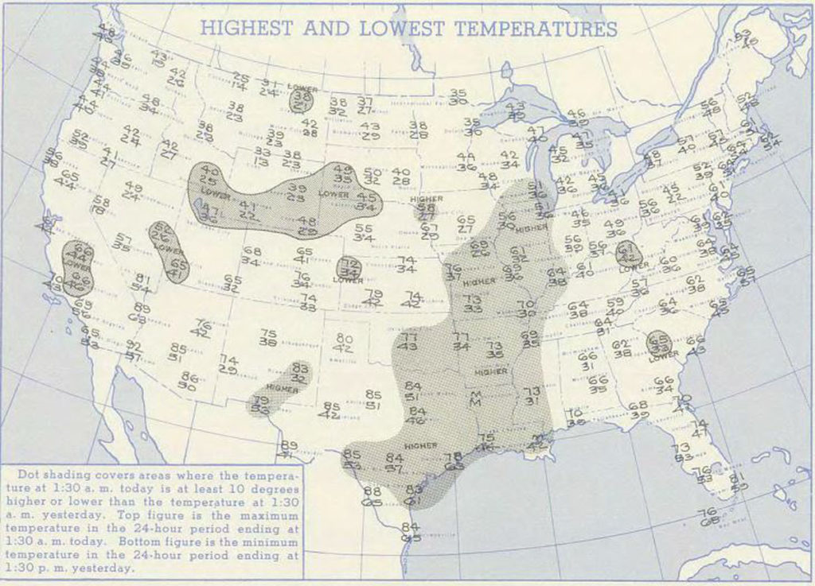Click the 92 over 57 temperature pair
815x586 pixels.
pos(133,351)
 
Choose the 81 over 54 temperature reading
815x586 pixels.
pos(142,282)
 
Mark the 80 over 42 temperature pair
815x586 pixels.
pos(344,343)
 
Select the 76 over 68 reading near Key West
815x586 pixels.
pos(708,517)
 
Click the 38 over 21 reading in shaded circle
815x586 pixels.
pos(302,101)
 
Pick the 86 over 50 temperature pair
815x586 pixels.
pos(189,381)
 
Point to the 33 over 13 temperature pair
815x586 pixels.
pos(261,156)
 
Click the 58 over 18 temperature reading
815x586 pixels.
pos(100,205)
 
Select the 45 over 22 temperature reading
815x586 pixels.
pos(673,193)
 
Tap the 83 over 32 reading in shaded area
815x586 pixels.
pos(300,373)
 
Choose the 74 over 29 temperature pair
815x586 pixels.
pos(228,364)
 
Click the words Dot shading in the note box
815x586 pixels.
pos(46,472)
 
